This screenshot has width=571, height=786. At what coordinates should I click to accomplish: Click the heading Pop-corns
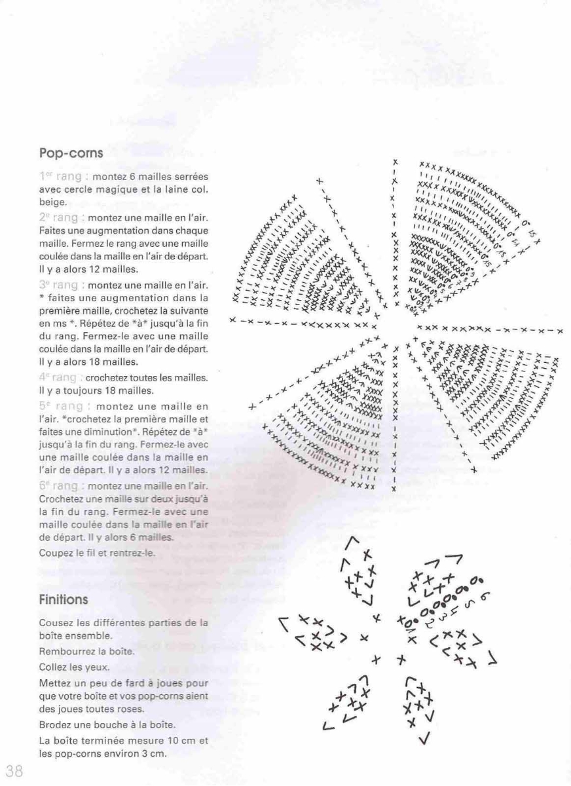point(71,153)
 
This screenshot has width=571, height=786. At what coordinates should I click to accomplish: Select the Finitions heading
point(63,599)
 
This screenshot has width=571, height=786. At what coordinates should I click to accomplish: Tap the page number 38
point(14,770)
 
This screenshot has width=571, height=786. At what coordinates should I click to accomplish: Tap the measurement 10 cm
point(177,741)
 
